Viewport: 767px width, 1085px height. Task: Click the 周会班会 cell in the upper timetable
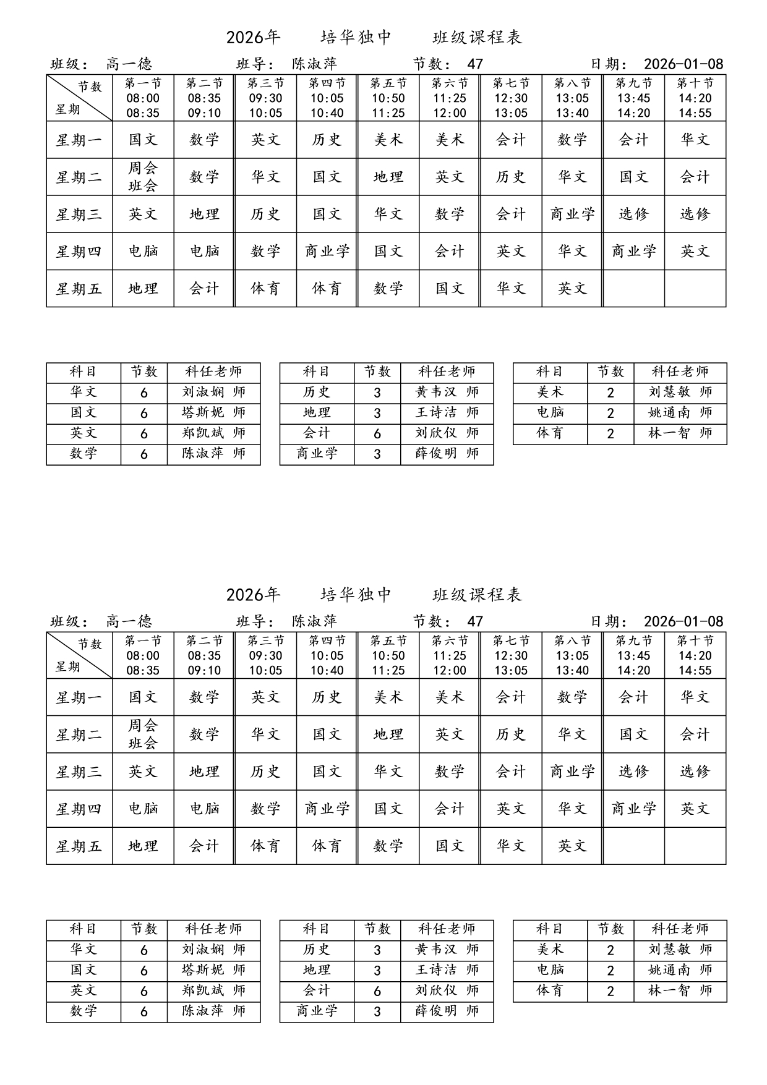[x=143, y=177]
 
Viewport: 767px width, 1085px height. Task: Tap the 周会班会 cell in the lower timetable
[x=143, y=734]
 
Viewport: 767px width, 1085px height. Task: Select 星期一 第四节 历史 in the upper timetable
[x=327, y=140]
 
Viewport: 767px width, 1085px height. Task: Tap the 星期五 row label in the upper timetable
[x=79, y=289]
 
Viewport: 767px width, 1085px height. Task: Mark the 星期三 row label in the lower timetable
[x=79, y=772]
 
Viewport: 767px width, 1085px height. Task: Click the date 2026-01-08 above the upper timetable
[x=683, y=64]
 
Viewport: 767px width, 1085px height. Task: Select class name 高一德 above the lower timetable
[x=129, y=621]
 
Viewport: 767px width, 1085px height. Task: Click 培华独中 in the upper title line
[x=356, y=38]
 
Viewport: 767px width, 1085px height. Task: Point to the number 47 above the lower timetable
[x=475, y=621]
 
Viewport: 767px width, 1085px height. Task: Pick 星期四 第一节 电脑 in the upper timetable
[x=143, y=251]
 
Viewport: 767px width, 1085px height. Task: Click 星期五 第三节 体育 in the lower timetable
[x=265, y=846]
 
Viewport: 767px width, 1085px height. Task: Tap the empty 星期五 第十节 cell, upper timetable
[x=695, y=289]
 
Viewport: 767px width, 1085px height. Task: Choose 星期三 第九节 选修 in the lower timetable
[x=633, y=772]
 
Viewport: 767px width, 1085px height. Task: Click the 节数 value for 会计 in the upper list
[x=377, y=433]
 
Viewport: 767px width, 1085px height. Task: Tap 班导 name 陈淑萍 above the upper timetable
[x=315, y=64]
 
